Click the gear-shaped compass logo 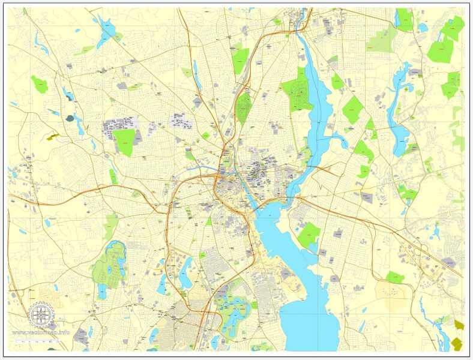click(x=41, y=315)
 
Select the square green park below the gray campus click(x=125, y=142)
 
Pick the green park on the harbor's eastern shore click(x=309, y=235)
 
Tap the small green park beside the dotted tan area click(x=394, y=277)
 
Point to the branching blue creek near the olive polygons click(x=441, y=327)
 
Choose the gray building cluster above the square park click(x=117, y=127)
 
